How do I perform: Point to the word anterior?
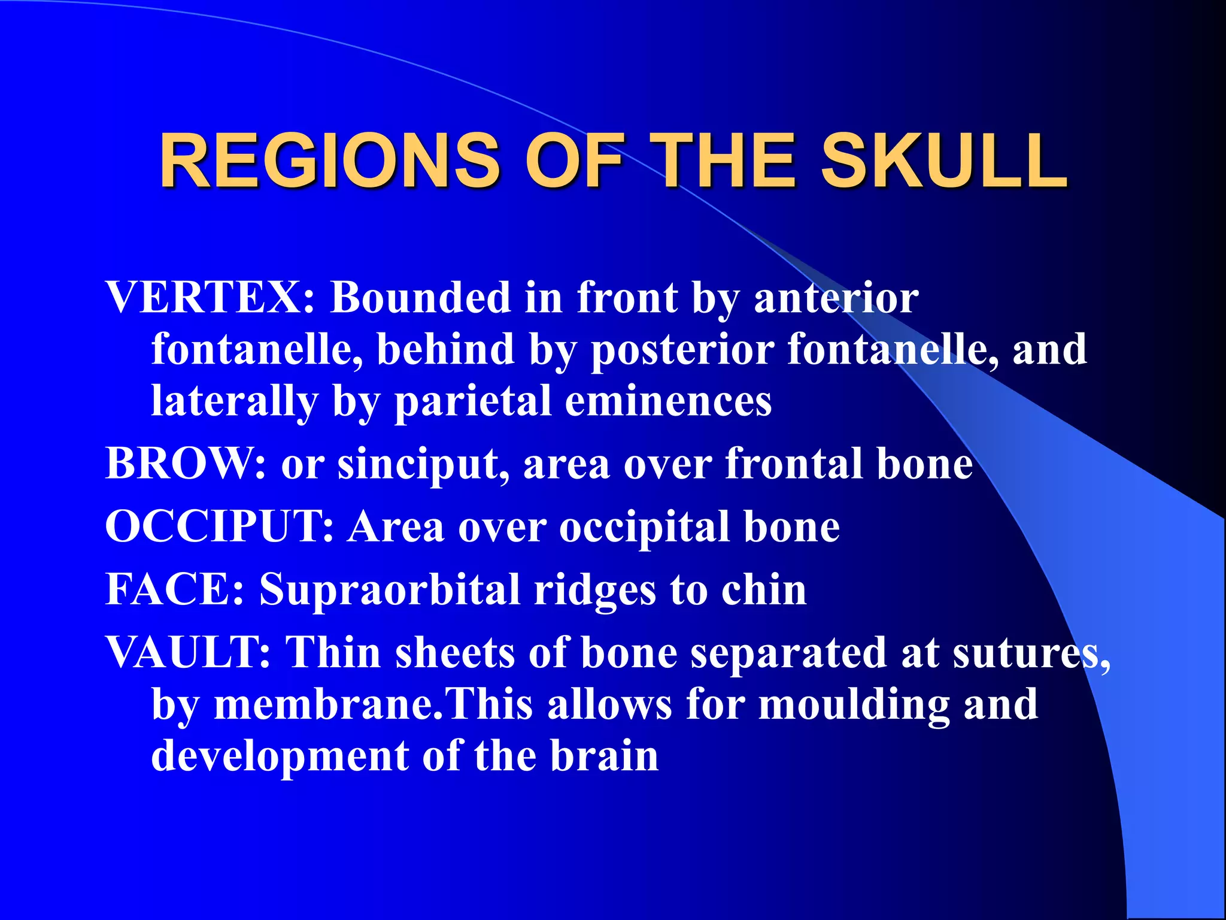[x=836, y=297]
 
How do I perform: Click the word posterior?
[x=682, y=350]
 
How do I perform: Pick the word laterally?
[x=234, y=401]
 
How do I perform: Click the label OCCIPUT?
[x=219, y=527]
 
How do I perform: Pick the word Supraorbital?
[x=389, y=591]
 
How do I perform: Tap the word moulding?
[x=854, y=704]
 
